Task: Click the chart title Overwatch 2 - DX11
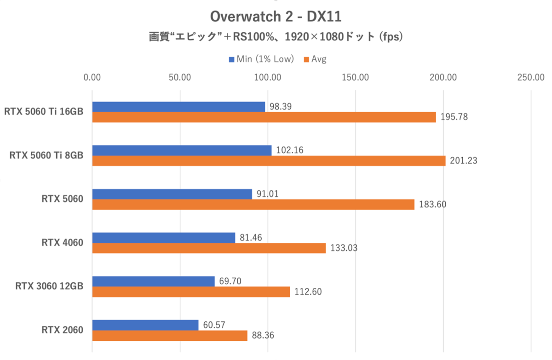[276, 17]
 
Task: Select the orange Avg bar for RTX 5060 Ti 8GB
[269, 161]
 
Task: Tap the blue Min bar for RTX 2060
[145, 325]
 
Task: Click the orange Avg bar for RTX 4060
[209, 248]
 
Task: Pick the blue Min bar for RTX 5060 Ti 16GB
[178, 107]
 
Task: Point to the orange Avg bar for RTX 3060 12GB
[191, 292]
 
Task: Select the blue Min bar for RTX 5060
[172, 194]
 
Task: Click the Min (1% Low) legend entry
[260, 59]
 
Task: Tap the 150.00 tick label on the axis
[356, 77]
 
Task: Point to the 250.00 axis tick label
[531, 77]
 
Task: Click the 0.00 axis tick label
[92, 77]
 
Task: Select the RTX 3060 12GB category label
[49, 286]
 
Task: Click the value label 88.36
[262, 336]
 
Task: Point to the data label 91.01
[268, 194]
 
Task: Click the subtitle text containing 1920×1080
[276, 37]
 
